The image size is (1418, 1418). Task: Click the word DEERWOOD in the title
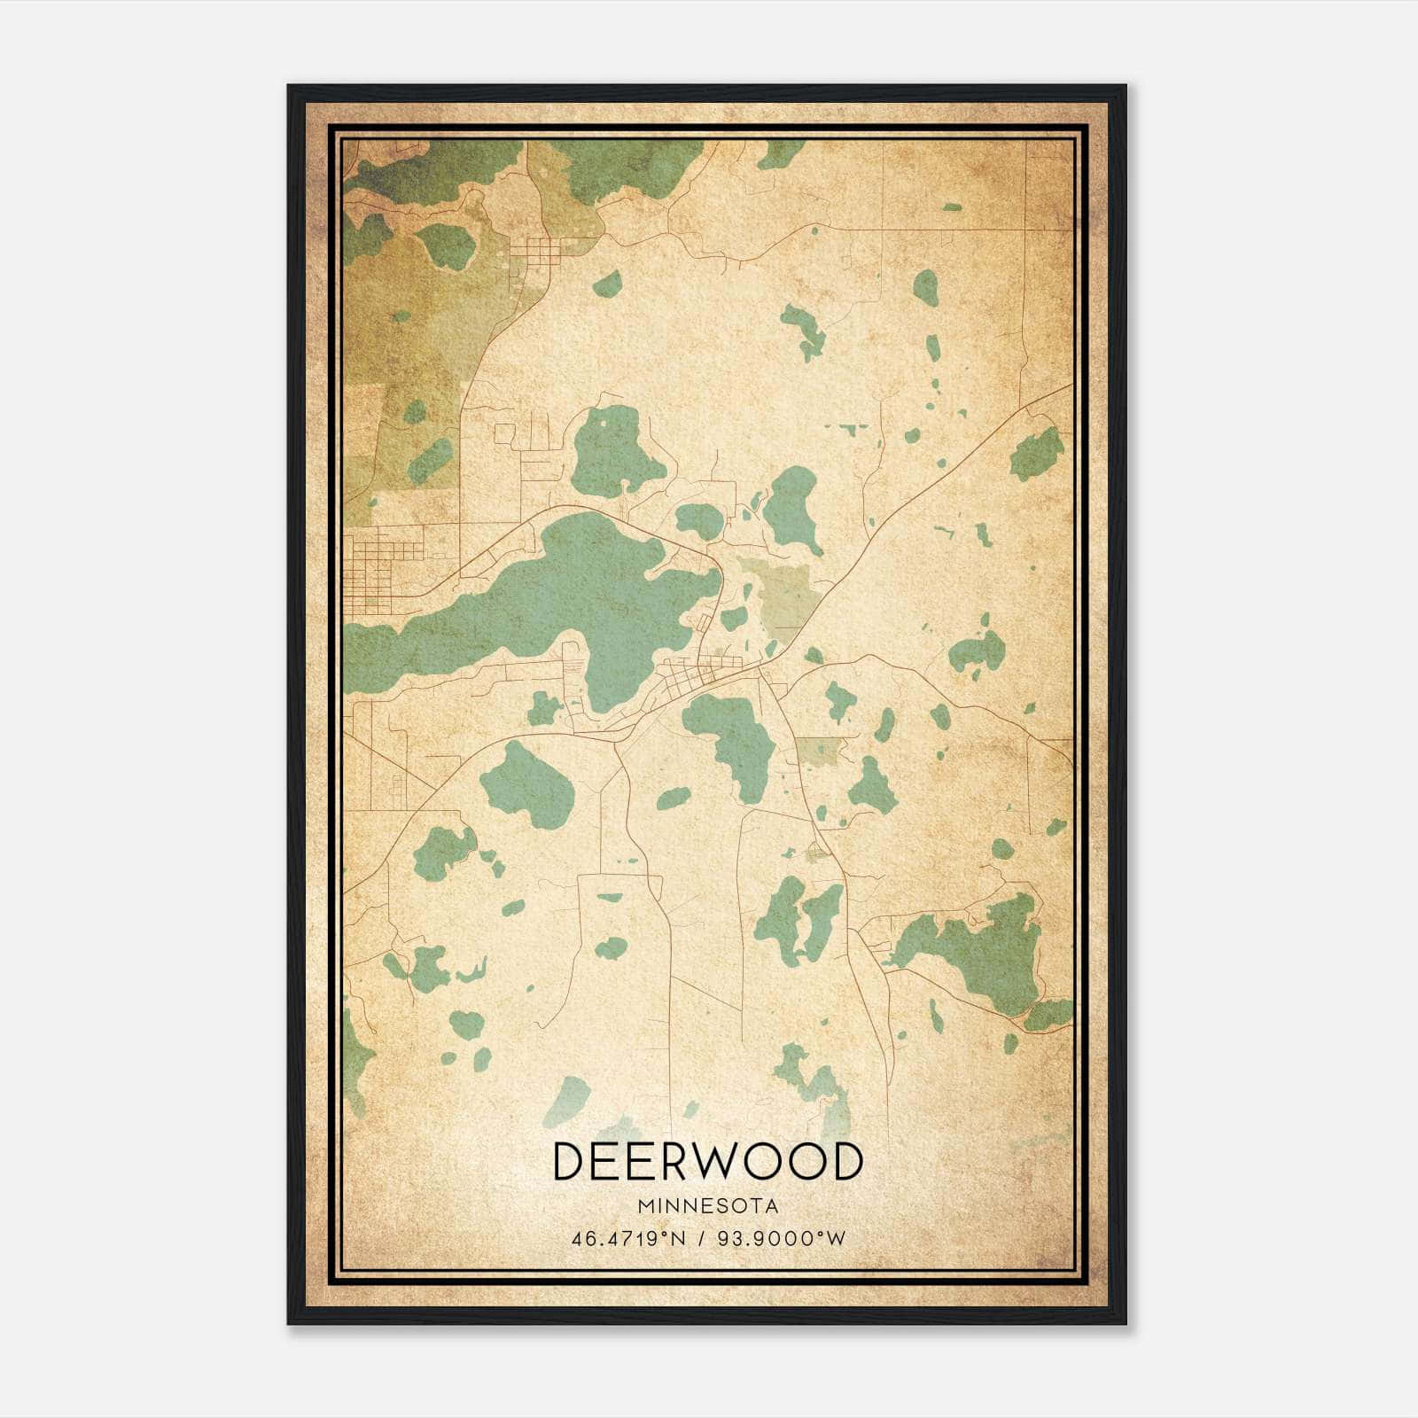[x=707, y=1162]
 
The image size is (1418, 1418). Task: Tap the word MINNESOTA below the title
[x=707, y=1206]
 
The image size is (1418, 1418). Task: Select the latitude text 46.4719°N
[x=628, y=1238]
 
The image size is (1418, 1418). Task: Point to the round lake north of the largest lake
[x=616, y=452]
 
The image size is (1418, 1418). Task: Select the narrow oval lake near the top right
[x=925, y=288]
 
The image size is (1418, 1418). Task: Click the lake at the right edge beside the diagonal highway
[x=1037, y=455]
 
